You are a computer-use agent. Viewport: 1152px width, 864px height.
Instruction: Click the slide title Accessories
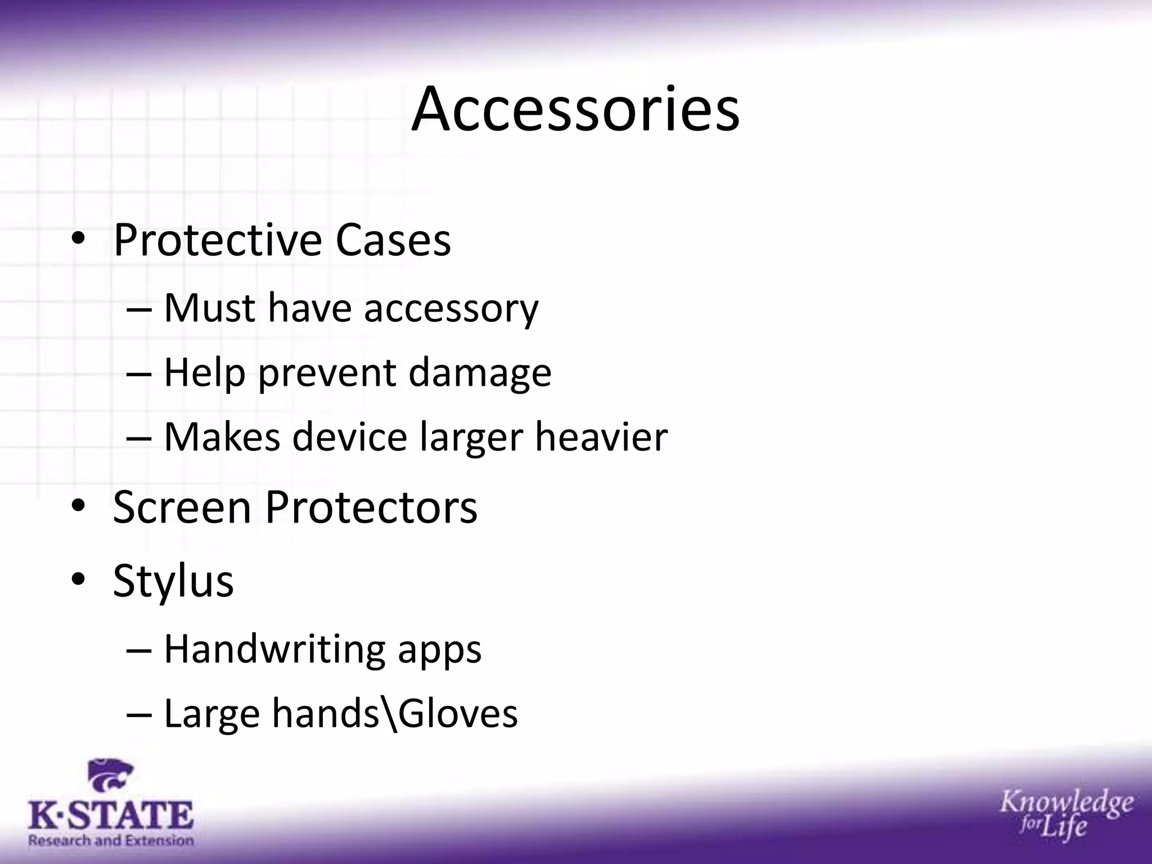coord(575,110)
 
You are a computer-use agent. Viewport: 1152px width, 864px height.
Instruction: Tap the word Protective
coord(217,241)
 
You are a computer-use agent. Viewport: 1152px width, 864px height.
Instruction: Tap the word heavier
coord(601,437)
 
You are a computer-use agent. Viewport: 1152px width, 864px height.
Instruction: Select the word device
coord(349,437)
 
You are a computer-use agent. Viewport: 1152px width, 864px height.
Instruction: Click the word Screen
coord(182,507)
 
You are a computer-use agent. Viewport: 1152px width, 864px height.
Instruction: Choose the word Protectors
coord(371,507)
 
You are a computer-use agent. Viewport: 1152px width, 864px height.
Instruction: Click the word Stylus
coord(173,581)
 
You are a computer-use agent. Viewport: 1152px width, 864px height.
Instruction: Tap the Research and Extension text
coord(111,840)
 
